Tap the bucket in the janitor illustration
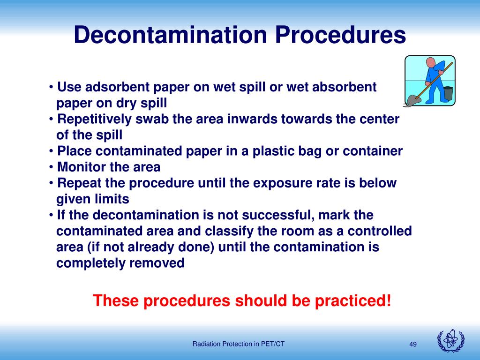448,93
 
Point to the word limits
112,199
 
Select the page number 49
413,345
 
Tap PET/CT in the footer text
273,344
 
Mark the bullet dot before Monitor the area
51,167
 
